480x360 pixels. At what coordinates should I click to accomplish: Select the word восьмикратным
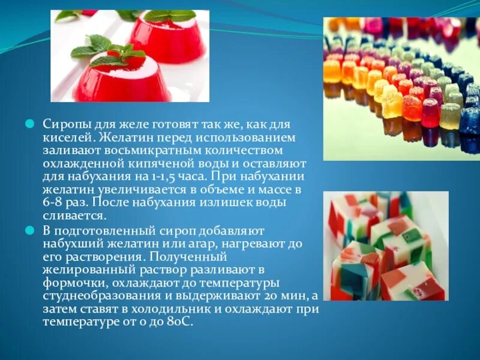pos(124,150)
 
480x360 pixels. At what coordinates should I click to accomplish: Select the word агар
pos(187,244)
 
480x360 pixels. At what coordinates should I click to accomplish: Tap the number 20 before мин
pos(267,296)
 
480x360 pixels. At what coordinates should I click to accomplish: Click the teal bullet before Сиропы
pos(29,124)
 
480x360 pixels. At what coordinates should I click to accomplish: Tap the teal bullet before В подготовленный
pos(29,230)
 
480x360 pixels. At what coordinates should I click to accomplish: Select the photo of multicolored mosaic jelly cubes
pos(385,246)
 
